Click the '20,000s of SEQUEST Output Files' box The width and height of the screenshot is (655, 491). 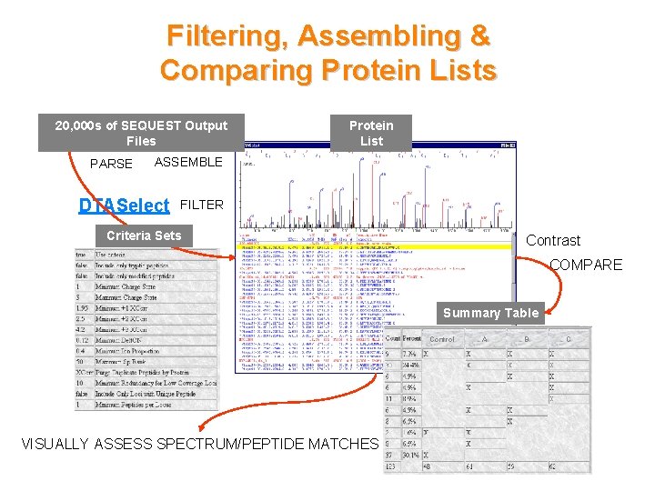(x=141, y=133)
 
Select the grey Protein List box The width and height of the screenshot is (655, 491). (x=371, y=133)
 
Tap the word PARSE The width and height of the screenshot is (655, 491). (x=111, y=164)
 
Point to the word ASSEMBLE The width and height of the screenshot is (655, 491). (x=188, y=162)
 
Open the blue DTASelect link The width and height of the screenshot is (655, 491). (x=124, y=205)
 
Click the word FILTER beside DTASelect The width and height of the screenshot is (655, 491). (x=201, y=205)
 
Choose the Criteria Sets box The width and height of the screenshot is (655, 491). (x=144, y=235)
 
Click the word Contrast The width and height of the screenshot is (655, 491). (x=553, y=240)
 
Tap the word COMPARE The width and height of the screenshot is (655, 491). (x=585, y=265)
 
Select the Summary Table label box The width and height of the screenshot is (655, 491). (x=490, y=313)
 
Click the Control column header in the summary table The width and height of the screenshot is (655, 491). (x=442, y=338)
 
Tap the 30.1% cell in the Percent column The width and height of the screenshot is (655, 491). (x=407, y=456)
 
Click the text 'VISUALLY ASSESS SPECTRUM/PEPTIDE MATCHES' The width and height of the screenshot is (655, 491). (x=199, y=444)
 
